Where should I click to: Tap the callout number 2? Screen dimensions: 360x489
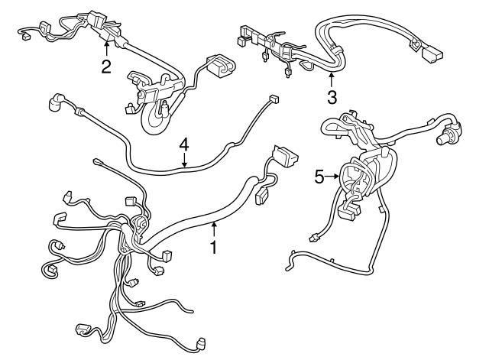click(x=106, y=66)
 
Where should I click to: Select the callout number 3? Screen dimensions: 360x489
click(x=332, y=97)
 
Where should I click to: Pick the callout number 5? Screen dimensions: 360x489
click(x=320, y=177)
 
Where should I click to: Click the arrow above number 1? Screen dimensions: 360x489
click(x=215, y=228)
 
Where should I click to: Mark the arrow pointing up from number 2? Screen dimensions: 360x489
click(x=106, y=47)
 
